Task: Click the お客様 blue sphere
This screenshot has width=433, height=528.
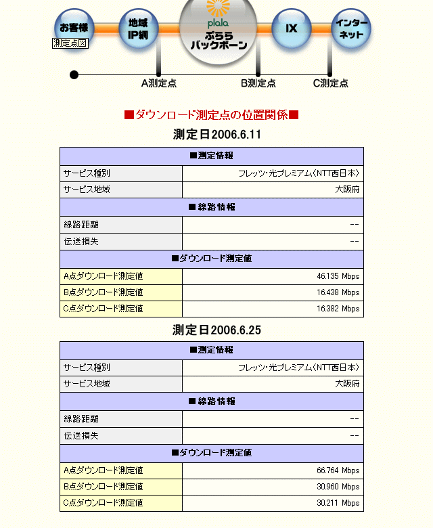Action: [74, 28]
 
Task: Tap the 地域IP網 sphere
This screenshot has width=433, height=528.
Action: [138, 28]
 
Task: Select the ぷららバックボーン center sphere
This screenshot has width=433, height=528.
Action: [219, 30]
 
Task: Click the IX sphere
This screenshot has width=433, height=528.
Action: [292, 28]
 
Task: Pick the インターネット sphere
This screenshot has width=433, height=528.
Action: [352, 28]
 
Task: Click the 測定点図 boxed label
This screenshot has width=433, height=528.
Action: [70, 43]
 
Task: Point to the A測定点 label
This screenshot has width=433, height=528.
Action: [159, 83]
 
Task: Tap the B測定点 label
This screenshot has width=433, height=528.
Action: [258, 83]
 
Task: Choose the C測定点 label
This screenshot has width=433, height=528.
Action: [331, 83]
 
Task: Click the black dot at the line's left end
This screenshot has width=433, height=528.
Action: [74, 74]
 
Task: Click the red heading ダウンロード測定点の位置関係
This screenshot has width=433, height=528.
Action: [211, 115]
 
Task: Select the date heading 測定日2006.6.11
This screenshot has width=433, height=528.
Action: [217, 134]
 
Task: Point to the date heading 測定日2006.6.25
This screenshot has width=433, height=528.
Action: [217, 330]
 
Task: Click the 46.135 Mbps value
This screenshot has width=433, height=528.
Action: [338, 276]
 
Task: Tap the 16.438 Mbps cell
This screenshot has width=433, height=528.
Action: [338, 292]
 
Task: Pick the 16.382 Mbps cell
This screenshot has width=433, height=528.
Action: [338, 309]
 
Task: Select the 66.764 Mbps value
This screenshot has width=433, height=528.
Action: [338, 470]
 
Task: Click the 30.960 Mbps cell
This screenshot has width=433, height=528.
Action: [338, 487]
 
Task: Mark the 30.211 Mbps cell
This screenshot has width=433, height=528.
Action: [338, 503]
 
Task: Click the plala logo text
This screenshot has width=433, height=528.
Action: [218, 24]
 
